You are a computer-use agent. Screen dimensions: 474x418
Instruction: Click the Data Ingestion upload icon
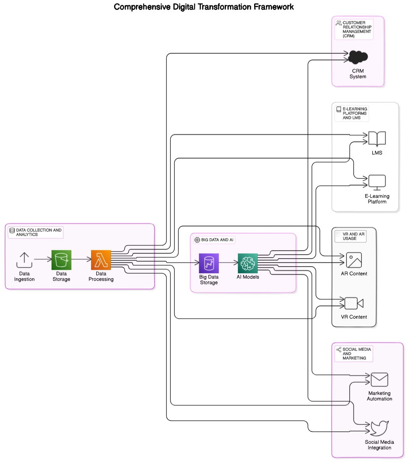24,260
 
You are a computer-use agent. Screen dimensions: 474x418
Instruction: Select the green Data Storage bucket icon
61,260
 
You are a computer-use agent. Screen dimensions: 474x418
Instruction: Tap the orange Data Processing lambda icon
101,260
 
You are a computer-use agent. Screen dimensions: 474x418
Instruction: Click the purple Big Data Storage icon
209,263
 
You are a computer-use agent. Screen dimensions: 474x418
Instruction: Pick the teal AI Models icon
248,263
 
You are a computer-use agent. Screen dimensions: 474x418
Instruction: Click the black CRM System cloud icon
358,57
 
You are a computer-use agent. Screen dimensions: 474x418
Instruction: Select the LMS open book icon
377,139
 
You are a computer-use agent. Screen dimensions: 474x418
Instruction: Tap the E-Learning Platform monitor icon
377,182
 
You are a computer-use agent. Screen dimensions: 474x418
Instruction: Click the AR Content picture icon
354,260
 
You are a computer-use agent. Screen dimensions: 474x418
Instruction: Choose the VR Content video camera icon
354,303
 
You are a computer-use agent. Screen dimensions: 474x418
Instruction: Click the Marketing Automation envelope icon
379,379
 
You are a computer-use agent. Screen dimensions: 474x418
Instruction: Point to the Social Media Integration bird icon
379,428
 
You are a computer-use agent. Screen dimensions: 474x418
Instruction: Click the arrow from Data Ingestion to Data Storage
43,259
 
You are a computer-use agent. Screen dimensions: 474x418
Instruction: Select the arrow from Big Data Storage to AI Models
228,263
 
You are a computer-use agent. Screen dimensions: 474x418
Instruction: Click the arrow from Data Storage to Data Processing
81,259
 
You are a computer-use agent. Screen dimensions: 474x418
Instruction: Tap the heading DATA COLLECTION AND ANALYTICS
39,232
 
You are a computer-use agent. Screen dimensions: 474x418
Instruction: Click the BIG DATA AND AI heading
217,240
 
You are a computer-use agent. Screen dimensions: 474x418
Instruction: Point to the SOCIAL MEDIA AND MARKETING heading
356,354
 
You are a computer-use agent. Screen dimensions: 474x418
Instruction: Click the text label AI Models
248,277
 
